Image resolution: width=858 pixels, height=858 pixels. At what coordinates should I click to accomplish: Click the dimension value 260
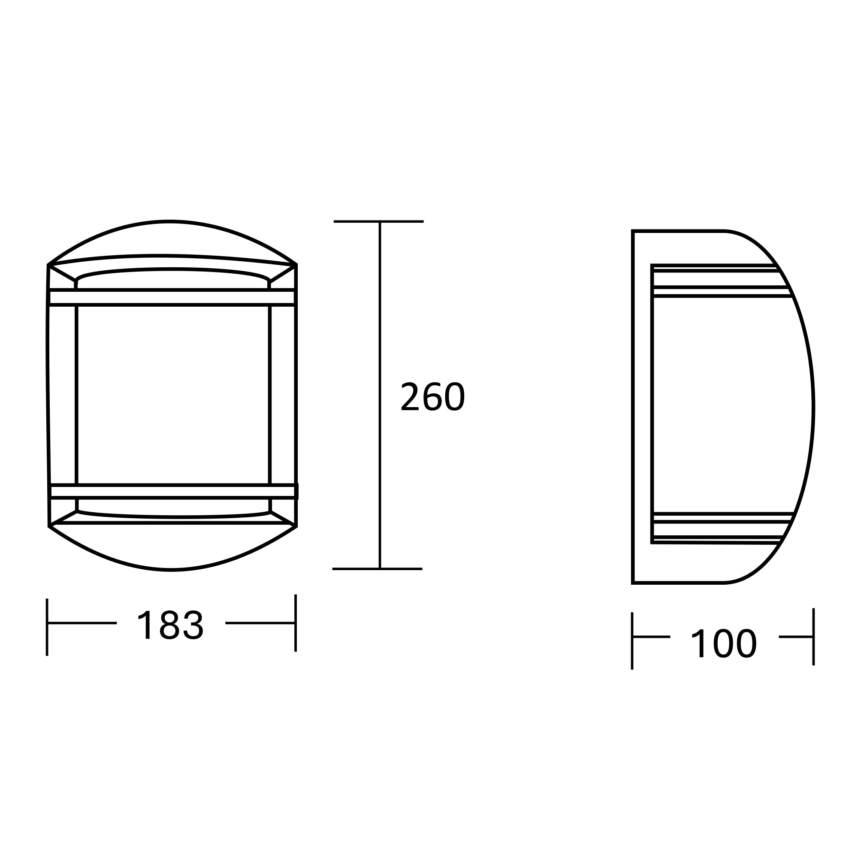(x=432, y=396)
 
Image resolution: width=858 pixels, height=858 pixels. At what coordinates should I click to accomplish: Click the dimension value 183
(x=171, y=625)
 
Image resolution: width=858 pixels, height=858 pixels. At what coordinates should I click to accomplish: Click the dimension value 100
(x=723, y=643)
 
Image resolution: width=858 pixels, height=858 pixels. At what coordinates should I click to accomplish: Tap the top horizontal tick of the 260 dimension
(x=378, y=221)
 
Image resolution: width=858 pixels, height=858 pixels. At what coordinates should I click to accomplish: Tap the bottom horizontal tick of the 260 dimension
(x=377, y=569)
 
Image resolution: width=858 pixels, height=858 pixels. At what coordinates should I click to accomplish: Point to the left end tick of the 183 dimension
(x=47, y=627)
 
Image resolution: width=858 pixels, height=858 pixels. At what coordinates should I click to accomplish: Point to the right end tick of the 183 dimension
(x=295, y=622)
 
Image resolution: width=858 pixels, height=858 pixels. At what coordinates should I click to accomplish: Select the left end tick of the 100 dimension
(x=632, y=647)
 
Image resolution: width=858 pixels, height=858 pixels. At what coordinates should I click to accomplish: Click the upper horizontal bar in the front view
(x=172, y=297)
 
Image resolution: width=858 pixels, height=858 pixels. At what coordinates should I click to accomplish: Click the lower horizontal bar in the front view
(x=173, y=492)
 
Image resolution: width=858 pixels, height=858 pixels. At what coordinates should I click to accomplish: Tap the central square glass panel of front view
(x=173, y=395)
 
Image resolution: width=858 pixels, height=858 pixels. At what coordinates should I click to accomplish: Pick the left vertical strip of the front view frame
(x=63, y=395)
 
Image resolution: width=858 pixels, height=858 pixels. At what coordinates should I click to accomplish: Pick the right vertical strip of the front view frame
(x=282, y=395)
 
